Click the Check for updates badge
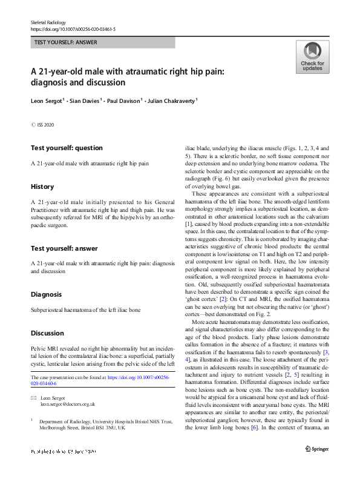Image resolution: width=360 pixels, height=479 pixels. coord(312,57)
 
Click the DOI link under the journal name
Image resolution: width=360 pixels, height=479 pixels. coord(73,29)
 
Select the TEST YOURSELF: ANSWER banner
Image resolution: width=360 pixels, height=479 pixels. coord(102,43)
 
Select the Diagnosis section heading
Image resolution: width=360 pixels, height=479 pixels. coord(46,294)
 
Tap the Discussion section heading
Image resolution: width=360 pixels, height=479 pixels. coord(48,334)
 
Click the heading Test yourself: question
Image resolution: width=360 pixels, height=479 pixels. coord(67,148)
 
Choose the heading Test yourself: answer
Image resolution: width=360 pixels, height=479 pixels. coord(65,248)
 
